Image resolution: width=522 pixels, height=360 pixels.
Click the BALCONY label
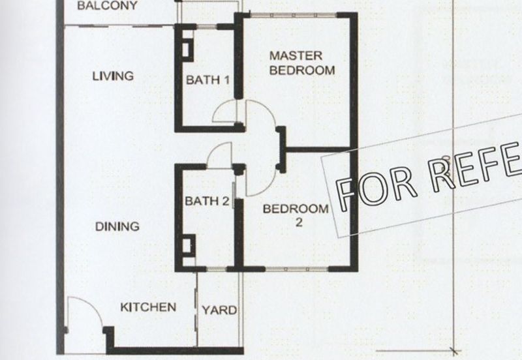click(108, 6)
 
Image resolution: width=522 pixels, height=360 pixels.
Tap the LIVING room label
click(112, 76)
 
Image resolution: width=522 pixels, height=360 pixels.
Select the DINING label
click(117, 227)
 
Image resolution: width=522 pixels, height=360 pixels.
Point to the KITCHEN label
click(148, 307)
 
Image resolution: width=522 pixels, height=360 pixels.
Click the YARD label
click(219, 310)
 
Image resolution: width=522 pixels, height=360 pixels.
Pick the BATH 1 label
click(207, 80)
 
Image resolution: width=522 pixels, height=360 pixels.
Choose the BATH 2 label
click(206, 201)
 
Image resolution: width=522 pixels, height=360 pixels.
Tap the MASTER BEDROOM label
click(302, 63)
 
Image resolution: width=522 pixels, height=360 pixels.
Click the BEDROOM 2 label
click(295, 215)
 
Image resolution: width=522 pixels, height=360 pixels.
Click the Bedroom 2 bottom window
click(297, 268)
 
